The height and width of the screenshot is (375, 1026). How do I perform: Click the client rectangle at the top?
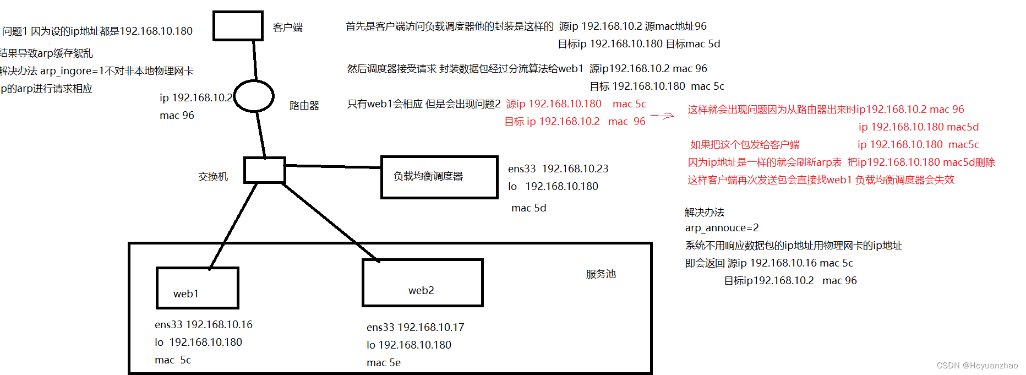point(238,26)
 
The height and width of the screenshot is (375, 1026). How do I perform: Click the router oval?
point(254,96)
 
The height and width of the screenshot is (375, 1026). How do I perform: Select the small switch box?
point(265,170)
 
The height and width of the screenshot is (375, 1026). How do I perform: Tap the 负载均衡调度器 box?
point(439,177)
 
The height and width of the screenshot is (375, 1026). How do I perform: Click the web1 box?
point(197,288)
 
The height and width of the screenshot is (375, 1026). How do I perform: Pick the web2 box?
point(422,282)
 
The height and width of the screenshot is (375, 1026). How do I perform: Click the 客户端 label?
point(288,28)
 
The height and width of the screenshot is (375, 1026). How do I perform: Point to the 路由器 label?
point(304,106)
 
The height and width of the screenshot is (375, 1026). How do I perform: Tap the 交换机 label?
point(213,177)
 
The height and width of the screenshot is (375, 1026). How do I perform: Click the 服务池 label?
point(601,274)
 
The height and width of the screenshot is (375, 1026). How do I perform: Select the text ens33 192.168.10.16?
point(204,325)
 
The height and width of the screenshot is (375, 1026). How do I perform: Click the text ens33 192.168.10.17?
point(416,328)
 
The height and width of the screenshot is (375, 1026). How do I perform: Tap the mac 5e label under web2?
point(384,363)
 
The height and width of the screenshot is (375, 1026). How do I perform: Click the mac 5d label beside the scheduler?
point(528,208)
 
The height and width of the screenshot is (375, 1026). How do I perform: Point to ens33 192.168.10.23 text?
point(558,169)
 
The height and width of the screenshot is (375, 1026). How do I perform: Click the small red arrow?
point(662,116)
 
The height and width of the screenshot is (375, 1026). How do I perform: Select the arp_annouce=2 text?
point(722,228)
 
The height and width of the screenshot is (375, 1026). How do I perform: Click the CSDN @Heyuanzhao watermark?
point(977,366)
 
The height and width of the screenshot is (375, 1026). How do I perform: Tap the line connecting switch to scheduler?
point(333,166)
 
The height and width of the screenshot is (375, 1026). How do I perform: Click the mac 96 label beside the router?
point(177,116)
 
